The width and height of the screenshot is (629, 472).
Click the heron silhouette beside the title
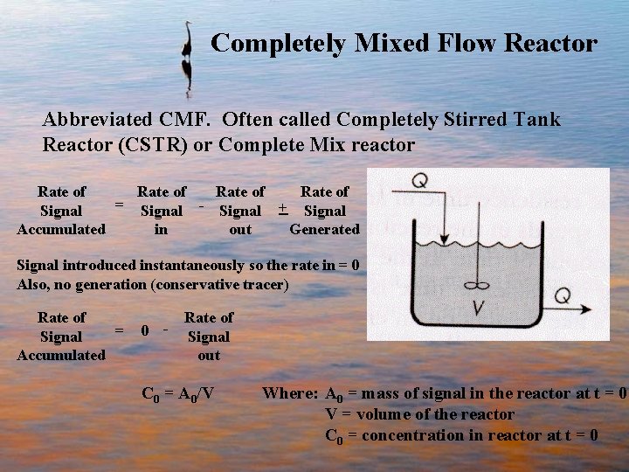tap(185, 58)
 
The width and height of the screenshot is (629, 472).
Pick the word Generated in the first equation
tap(324, 230)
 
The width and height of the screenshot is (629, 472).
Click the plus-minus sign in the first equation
tap(282, 210)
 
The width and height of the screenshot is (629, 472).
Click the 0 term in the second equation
tap(145, 331)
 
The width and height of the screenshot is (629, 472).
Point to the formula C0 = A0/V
tap(178, 393)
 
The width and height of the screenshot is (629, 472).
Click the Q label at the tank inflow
tap(419, 180)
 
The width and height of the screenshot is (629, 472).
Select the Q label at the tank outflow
tap(562, 295)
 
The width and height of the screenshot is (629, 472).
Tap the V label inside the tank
tap(478, 309)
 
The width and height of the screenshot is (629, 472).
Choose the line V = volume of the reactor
tap(419, 414)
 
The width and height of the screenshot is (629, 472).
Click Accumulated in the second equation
tap(61, 355)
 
